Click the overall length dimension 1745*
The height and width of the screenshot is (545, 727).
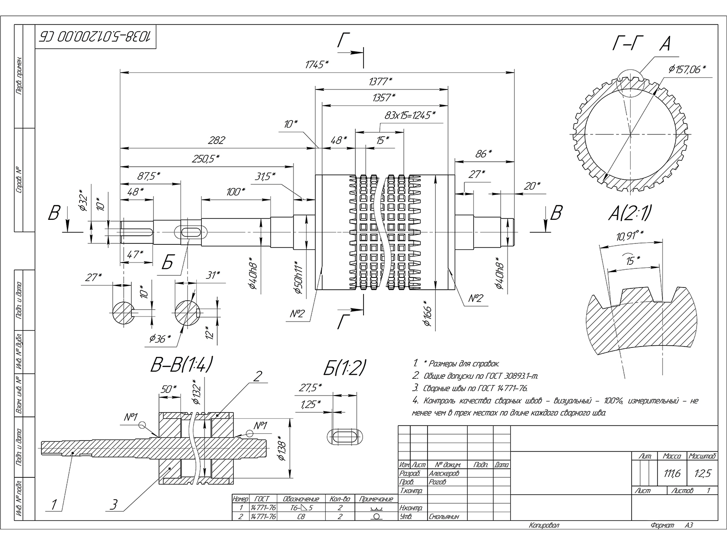pyautogui.click(x=317, y=64)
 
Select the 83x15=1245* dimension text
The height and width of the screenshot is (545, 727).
pyautogui.click(x=409, y=115)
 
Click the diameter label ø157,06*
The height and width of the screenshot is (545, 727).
pyautogui.click(x=687, y=69)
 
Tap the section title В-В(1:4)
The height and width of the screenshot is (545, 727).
pyautogui.click(x=181, y=364)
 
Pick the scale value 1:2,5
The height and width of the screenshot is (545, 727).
pyautogui.click(x=702, y=473)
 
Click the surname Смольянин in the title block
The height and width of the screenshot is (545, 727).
pyautogui.click(x=443, y=516)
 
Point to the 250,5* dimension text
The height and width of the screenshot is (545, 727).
pyautogui.click(x=205, y=158)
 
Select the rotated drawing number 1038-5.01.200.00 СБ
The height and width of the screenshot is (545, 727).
pyautogui.click(x=95, y=36)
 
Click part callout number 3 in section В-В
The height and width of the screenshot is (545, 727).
pyautogui.click(x=115, y=504)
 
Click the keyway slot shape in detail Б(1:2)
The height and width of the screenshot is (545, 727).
pyautogui.click(x=345, y=437)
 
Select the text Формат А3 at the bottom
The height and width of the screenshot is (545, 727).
pyautogui.click(x=672, y=525)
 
